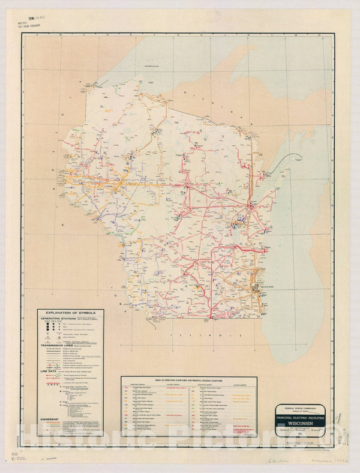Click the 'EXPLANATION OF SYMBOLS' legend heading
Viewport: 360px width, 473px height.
70,313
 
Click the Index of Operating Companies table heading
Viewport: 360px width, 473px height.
189,380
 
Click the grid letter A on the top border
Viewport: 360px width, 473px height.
38,35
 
